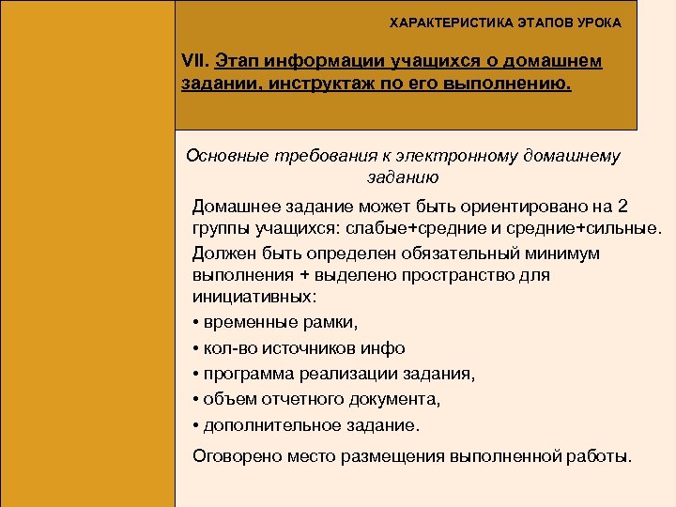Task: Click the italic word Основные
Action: point(223,155)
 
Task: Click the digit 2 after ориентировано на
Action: point(624,206)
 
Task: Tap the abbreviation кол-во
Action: point(224,347)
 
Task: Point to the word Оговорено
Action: point(232,456)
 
